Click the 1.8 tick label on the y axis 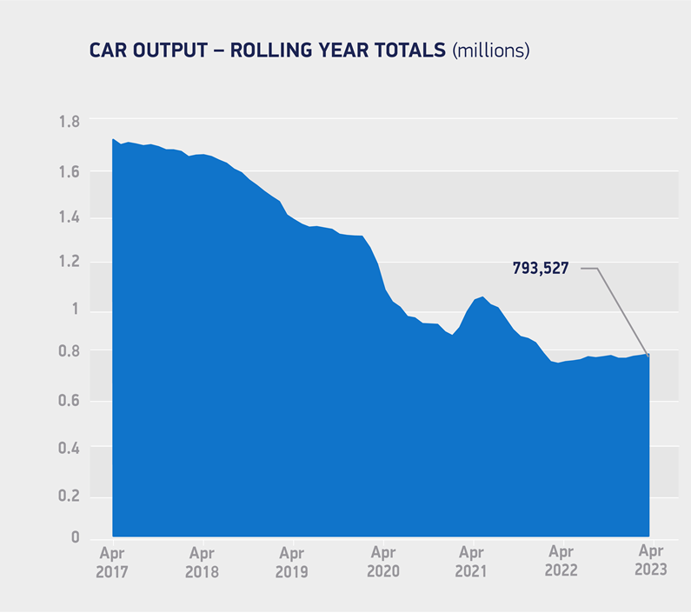69,121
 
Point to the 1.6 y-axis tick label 69,172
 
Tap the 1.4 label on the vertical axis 69,217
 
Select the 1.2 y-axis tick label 69,263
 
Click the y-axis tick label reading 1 76,310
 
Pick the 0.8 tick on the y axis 69,352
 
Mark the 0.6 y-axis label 69,401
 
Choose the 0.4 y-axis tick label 69,448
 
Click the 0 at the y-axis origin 76,538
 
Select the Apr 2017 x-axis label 112,561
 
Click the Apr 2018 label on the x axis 202,561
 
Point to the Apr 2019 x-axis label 292,561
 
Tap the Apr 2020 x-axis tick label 382,561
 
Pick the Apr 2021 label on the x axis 471,561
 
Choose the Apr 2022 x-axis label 561,561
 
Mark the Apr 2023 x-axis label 651,561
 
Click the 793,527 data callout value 540,269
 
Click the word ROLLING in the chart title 273,50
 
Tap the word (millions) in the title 490,50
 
